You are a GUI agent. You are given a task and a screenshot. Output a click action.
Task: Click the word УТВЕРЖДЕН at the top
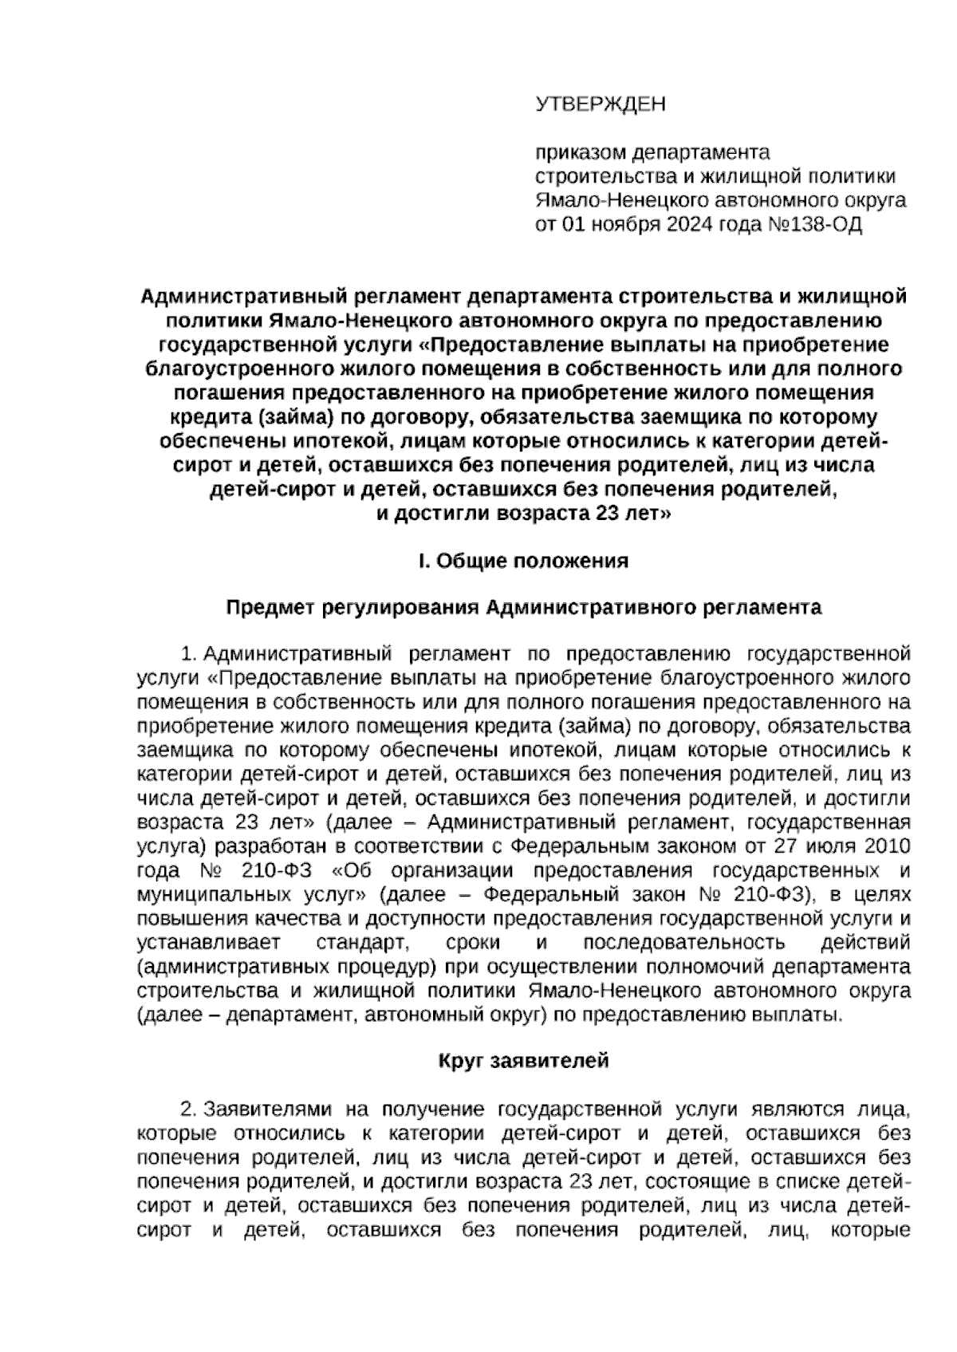(x=600, y=104)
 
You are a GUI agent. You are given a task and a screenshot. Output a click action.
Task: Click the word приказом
(x=579, y=152)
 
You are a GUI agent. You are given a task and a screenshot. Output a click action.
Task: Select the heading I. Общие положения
(x=524, y=561)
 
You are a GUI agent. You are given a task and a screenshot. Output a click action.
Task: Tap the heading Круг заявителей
(x=524, y=1061)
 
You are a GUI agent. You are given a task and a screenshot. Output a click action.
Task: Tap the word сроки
(x=474, y=942)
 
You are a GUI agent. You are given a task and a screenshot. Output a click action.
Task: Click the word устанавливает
(x=209, y=942)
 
